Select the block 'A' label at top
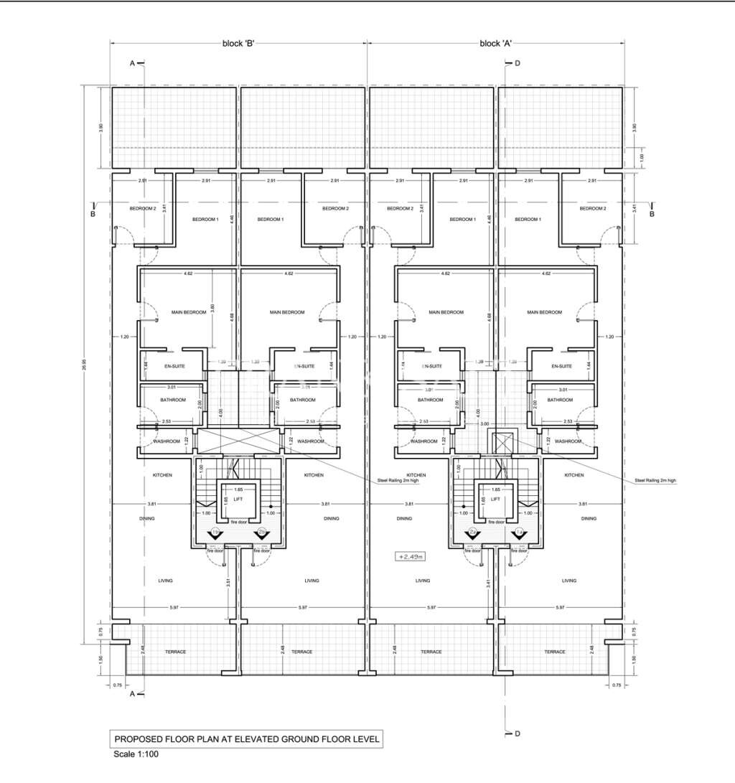(x=495, y=44)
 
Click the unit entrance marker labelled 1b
(x=216, y=532)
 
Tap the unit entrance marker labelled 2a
(x=473, y=532)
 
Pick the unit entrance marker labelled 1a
(x=520, y=532)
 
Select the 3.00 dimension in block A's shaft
(x=485, y=424)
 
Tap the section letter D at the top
(x=517, y=63)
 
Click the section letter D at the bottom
(x=517, y=733)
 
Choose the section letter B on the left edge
(x=93, y=213)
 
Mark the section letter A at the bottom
(x=132, y=694)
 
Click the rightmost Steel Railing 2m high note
(x=654, y=481)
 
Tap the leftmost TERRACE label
(x=175, y=652)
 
